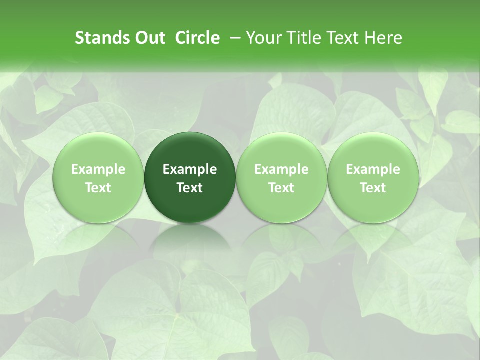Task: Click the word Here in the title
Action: coord(383,38)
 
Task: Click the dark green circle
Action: coord(190,150)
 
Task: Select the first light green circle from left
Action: coord(98,150)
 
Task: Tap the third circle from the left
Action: coord(281,150)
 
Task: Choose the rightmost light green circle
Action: coord(373,150)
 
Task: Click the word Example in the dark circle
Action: coord(190,170)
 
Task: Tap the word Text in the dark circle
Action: coord(190,188)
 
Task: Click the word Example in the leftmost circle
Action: coord(98,170)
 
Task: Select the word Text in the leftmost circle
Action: coord(98,188)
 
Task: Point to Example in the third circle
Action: coord(281,170)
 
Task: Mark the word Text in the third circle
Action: coord(281,188)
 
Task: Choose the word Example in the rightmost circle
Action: coord(373,170)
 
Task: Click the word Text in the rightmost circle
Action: coord(373,188)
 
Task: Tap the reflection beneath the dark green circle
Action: coord(190,240)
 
